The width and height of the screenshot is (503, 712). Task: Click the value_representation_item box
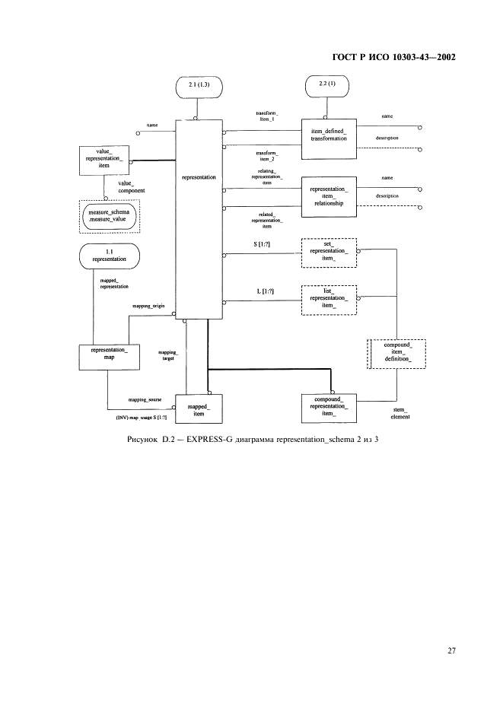(x=105, y=161)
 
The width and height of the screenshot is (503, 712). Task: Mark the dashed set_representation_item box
(x=329, y=253)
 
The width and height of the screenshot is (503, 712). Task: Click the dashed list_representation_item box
(x=329, y=299)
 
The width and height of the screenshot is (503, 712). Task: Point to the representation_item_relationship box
(x=329, y=195)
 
